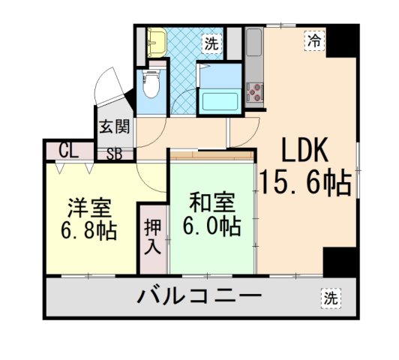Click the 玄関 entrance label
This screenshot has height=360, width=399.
[x=115, y=125]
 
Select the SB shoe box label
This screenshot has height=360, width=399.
[x=115, y=155]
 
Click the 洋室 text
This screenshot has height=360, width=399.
[x=88, y=205]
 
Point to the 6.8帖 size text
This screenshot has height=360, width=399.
[x=88, y=230]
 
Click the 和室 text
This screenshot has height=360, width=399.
[x=212, y=202]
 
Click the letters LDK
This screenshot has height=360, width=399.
[x=305, y=152]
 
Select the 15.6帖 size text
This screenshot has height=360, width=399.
[x=305, y=182]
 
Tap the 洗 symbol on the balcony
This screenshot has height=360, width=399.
[x=330, y=298]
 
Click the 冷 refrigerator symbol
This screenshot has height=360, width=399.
[x=314, y=40]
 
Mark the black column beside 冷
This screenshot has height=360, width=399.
[x=343, y=41]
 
